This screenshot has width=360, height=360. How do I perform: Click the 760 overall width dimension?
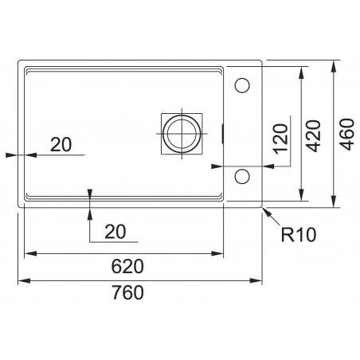[127, 292]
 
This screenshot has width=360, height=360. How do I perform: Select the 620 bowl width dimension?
[127, 267]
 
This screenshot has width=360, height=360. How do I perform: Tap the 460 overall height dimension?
[347, 134]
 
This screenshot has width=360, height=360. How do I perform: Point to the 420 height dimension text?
[313, 136]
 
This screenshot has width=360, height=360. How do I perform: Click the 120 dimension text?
[281, 139]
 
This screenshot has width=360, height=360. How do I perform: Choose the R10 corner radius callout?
[299, 235]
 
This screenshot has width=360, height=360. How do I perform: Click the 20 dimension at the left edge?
[61, 145]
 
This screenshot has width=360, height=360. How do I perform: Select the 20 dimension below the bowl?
[115, 232]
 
